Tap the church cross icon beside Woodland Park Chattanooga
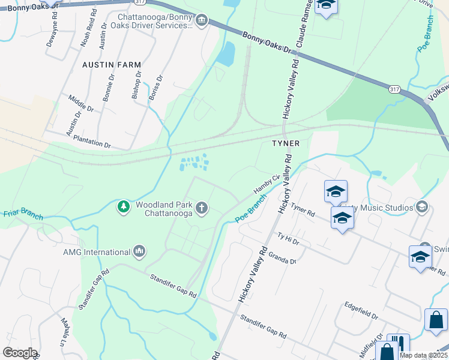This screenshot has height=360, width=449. tap(202, 208)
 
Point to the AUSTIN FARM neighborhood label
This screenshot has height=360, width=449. tap(112, 64)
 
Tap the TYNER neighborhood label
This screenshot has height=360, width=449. tap(285, 144)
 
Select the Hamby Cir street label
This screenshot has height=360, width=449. tap(267, 182)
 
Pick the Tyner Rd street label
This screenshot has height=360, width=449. tap(303, 209)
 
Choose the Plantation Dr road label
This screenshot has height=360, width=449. tap(92, 142)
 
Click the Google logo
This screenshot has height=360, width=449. tap(19, 353)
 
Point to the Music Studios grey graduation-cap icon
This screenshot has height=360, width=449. tap(422, 207)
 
